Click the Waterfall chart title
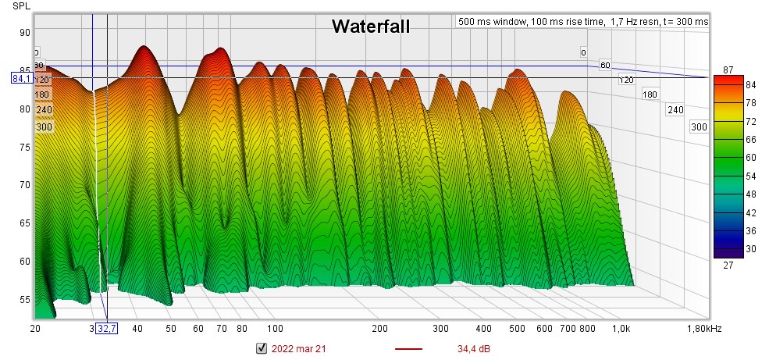click(370, 27)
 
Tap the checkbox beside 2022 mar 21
click(262, 348)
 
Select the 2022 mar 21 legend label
click(298, 348)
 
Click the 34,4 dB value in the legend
click(474, 348)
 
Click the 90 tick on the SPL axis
click(25, 32)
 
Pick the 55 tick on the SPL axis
click(25, 299)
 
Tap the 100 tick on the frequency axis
click(274, 330)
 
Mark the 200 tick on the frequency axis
click(380, 330)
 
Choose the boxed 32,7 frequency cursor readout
click(106, 330)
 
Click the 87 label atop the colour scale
click(728, 70)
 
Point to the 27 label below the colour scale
click(728, 266)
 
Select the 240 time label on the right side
click(675, 110)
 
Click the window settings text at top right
click(582, 22)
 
